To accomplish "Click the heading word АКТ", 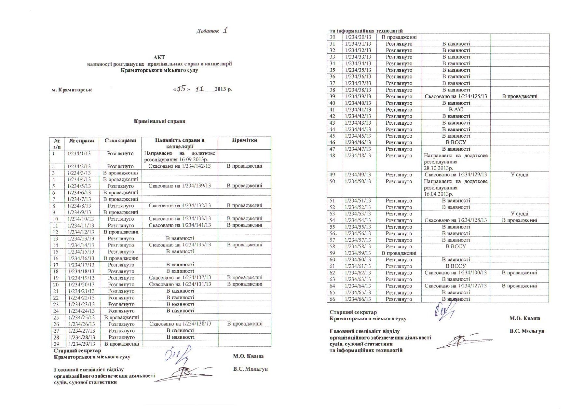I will click(159, 57).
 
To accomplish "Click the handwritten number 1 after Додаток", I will click(225, 31).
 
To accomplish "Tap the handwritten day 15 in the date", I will click(181, 89).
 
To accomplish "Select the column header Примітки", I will click(244, 140).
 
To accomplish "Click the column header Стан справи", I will click(120, 141).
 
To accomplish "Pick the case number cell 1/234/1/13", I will click(79, 153).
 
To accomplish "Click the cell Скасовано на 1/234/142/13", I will click(180, 166).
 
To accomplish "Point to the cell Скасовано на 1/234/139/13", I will click(180, 186).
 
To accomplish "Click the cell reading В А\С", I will click(455, 110).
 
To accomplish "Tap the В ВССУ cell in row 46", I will click(456, 142).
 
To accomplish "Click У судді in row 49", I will click(519, 174).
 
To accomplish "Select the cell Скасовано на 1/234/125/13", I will click(456, 96).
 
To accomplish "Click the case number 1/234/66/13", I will click(357, 299).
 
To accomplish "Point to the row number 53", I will click(332, 214).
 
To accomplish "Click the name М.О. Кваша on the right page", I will click(524, 318).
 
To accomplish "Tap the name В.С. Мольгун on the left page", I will click(250, 369).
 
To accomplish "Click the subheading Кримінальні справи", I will click(160, 121).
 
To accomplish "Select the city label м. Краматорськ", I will click(72, 90).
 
